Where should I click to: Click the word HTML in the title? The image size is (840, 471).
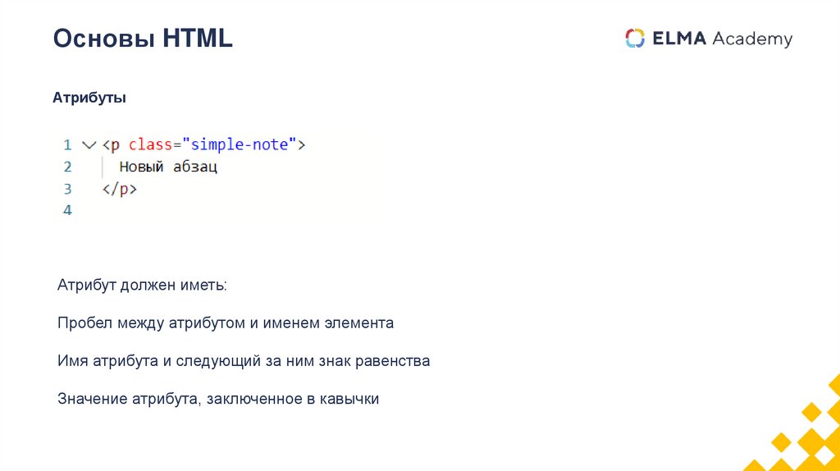(198, 38)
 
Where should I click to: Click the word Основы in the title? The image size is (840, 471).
(103, 38)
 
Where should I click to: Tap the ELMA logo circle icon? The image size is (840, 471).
(635, 39)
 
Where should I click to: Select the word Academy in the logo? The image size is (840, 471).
(752, 39)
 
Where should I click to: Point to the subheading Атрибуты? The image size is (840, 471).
(89, 98)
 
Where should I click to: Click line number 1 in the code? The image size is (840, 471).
(67, 144)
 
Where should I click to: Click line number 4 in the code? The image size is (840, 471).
(67, 210)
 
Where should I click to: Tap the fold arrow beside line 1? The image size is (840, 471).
(89, 144)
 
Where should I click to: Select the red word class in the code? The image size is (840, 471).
(150, 144)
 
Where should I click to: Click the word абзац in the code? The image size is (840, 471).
(194, 167)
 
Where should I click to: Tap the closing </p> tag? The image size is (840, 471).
(119, 189)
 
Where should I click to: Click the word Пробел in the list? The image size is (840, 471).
(84, 323)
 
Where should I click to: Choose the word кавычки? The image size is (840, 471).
(350, 400)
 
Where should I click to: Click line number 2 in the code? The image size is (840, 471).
(67, 167)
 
